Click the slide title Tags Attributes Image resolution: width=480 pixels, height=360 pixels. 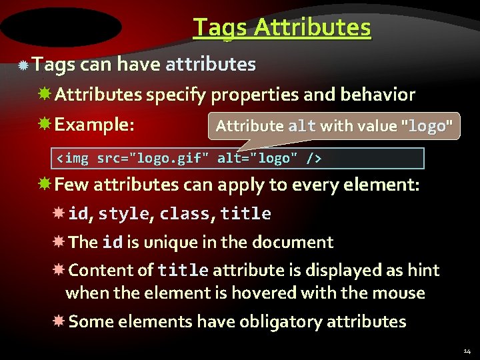pos(281,27)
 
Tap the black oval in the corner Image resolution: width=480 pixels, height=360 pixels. pos(61,27)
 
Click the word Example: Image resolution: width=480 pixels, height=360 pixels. pos(94,125)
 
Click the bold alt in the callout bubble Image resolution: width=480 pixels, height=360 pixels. pos(302,126)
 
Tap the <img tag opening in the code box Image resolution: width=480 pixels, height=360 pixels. pos(72,159)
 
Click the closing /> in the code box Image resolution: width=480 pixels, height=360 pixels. pos(313,159)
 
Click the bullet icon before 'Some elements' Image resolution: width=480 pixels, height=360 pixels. pos(59,321)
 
